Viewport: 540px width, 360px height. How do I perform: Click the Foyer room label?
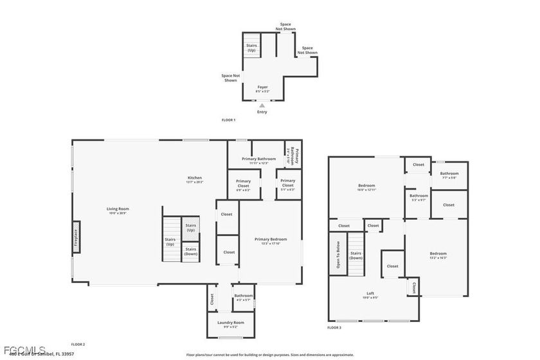(x=262, y=87)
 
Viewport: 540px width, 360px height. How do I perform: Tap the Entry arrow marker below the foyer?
(x=262, y=105)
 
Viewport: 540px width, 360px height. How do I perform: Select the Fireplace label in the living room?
(x=75, y=238)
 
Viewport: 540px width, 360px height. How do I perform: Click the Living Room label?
(x=118, y=208)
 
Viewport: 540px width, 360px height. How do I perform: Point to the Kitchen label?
(x=195, y=178)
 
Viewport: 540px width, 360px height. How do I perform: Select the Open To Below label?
(x=336, y=255)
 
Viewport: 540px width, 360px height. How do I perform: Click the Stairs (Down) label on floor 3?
(x=355, y=256)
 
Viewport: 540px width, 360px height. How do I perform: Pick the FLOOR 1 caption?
(x=228, y=120)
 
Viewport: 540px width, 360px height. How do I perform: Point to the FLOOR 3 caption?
(x=334, y=328)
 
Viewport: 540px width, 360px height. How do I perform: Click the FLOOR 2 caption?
(x=78, y=345)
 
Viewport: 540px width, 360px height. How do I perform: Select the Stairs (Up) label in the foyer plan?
(x=252, y=48)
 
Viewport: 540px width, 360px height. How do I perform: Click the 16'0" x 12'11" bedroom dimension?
(x=366, y=190)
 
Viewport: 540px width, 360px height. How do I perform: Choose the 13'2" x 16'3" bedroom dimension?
(x=438, y=257)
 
